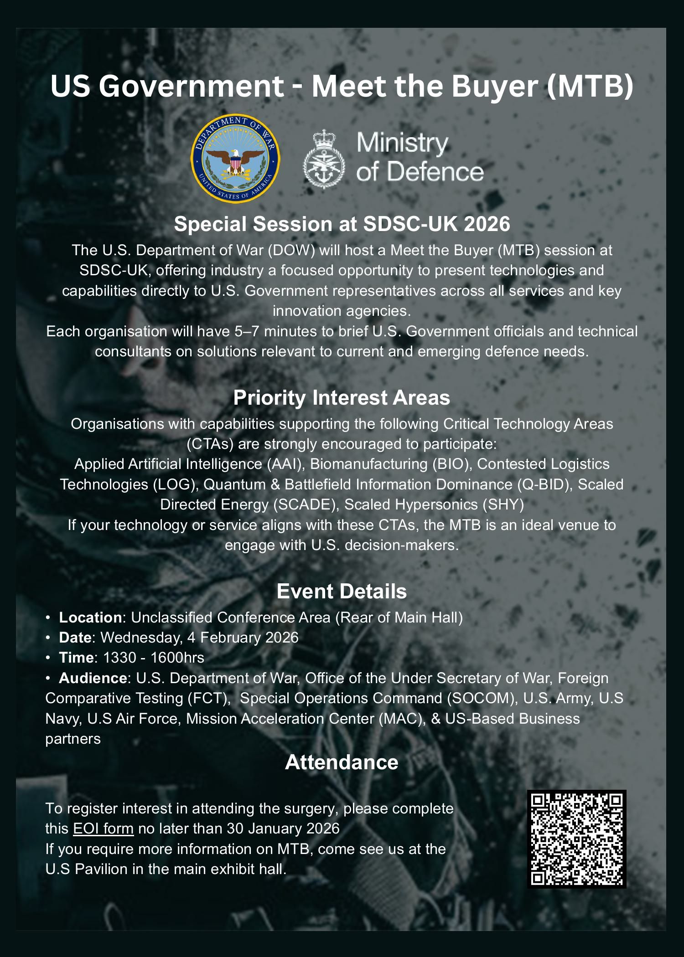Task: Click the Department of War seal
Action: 235,159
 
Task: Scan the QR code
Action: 576,839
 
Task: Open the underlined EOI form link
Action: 104,828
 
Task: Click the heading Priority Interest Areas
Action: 342,398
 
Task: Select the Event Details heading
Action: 342,591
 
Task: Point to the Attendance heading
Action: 342,762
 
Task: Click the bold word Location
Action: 90,617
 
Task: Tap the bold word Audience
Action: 93,678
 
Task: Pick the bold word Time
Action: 76,657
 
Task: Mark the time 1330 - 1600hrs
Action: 154,657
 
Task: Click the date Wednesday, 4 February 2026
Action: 199,637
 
